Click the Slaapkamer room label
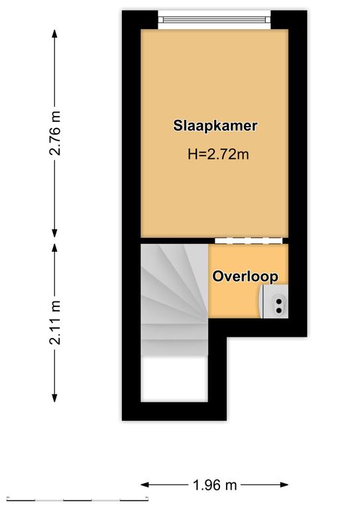point(215,126)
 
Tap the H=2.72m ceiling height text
point(218,154)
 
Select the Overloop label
point(245,276)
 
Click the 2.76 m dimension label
point(55,133)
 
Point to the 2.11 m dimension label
point(55,322)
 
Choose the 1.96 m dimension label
point(215,485)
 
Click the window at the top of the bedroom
point(214,19)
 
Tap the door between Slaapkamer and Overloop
point(249,241)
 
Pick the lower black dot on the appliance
point(278,311)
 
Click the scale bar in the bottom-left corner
point(78,499)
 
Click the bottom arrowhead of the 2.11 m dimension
point(55,398)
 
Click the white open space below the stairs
point(174,378)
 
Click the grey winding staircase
point(174,299)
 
